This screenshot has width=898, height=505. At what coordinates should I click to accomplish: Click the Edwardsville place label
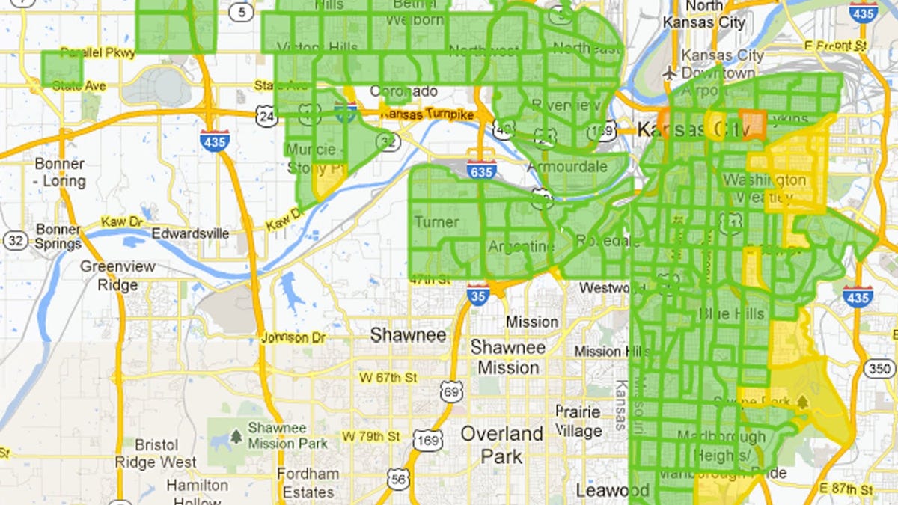click(x=190, y=233)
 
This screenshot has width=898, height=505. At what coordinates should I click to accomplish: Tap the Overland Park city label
click(x=501, y=444)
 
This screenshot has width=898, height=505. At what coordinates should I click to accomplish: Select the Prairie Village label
click(x=578, y=421)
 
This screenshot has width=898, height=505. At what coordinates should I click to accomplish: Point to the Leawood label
click(x=612, y=491)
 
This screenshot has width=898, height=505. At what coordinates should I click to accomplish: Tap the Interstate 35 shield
click(x=478, y=294)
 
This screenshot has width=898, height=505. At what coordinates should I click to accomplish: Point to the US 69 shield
click(x=451, y=390)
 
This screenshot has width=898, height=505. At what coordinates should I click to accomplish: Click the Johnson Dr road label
click(x=293, y=338)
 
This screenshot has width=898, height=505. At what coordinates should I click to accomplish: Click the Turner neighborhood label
click(x=436, y=222)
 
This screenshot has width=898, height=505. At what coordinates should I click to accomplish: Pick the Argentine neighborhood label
click(x=522, y=247)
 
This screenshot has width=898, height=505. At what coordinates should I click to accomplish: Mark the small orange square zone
click(x=754, y=122)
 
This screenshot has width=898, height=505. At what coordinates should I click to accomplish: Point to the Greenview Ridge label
click(x=118, y=275)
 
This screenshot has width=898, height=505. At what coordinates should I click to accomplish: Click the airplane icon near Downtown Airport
click(x=669, y=73)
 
